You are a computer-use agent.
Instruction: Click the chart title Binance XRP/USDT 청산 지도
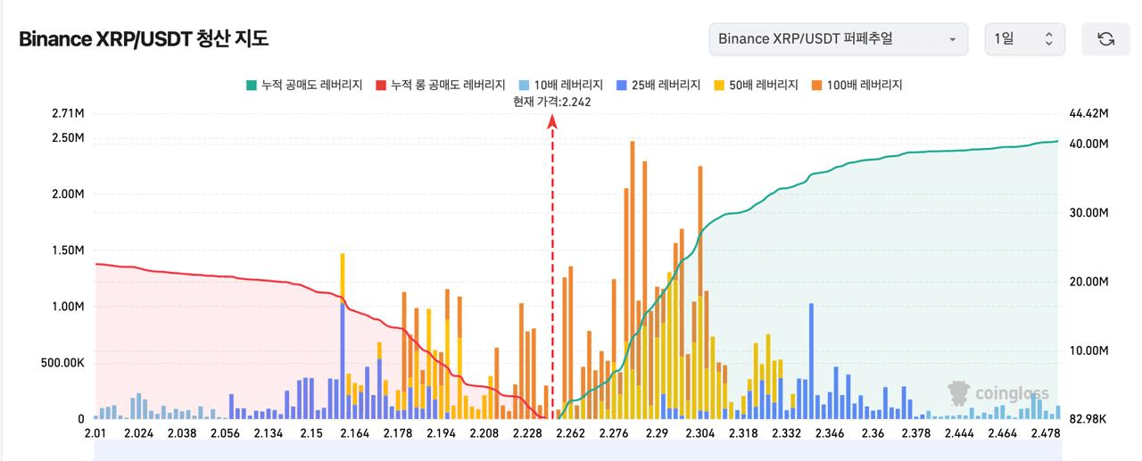144,39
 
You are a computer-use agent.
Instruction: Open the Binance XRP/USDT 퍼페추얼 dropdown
838,39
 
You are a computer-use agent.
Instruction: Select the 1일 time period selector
1024,39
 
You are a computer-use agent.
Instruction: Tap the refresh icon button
1105,39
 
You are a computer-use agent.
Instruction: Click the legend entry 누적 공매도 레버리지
304,85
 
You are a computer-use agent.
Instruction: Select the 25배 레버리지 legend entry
658,85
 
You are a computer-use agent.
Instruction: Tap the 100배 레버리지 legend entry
856,85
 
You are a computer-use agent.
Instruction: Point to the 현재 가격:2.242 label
551,102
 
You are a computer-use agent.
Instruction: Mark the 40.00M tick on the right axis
1088,144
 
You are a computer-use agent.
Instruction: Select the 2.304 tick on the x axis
699,433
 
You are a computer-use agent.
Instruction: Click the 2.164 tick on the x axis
354,433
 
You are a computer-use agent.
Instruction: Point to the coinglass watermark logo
998,393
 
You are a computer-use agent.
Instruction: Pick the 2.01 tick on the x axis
94,433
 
